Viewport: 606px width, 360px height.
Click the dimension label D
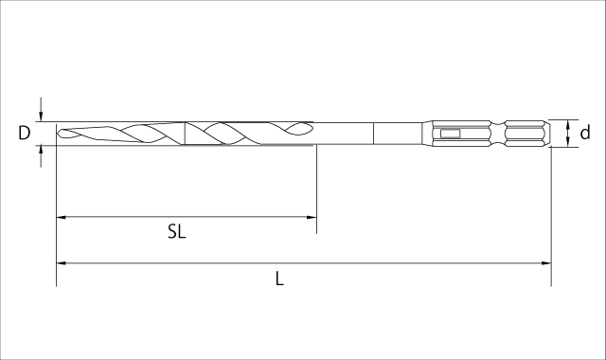pyautogui.click(x=24, y=133)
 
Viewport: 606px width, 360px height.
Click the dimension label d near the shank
pyautogui.click(x=585, y=133)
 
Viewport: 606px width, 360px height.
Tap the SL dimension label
pyautogui.click(x=177, y=231)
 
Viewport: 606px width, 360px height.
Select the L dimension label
pyautogui.click(x=279, y=279)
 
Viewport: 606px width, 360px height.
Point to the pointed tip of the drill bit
pyautogui.click(x=57, y=134)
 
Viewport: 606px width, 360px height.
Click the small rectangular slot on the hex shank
pyautogui.click(x=450, y=134)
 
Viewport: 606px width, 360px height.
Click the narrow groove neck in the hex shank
pyautogui.click(x=498, y=134)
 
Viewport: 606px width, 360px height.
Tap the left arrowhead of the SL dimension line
pyautogui.click(x=61, y=217)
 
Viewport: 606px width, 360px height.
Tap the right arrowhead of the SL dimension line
pyautogui.click(x=312, y=217)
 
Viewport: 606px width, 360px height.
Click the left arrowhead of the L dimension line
pyautogui.click(x=61, y=263)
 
